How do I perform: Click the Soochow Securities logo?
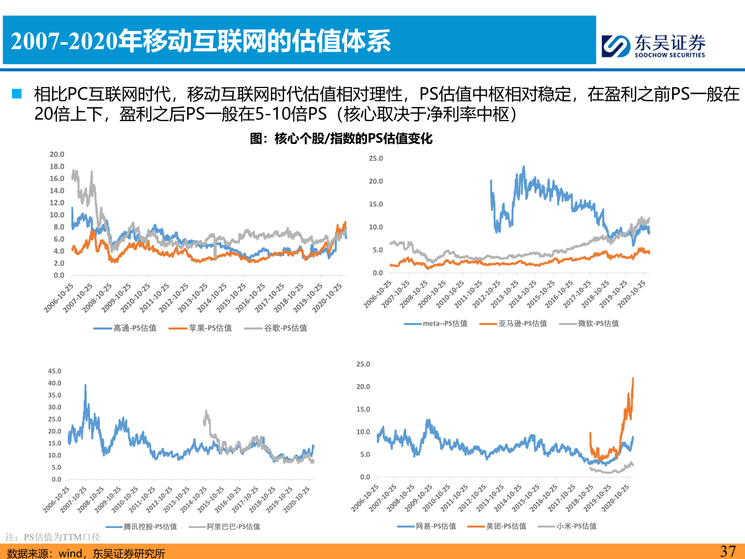653,46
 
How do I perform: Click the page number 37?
727,551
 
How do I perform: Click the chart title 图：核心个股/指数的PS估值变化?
341,139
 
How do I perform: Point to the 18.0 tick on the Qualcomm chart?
57,167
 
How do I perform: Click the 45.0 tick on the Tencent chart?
54,371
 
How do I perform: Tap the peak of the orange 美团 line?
633,379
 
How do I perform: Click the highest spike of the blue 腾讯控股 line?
85,385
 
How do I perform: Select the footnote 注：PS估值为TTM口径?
53,537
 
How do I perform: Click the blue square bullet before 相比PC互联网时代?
17,94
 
